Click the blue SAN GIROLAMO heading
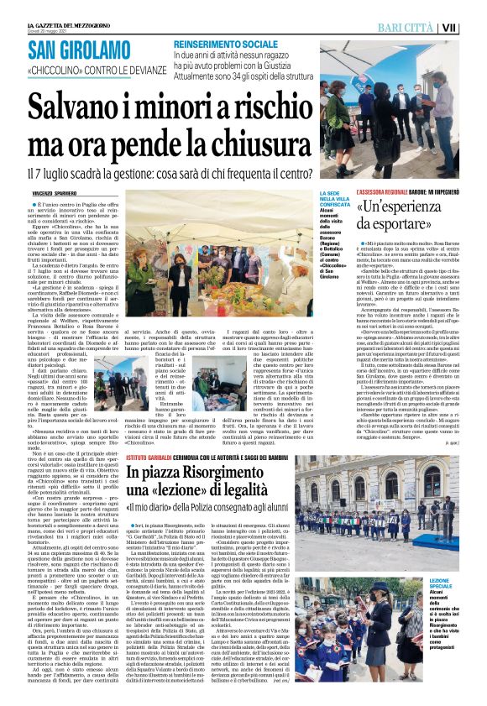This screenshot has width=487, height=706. [x=86, y=50]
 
